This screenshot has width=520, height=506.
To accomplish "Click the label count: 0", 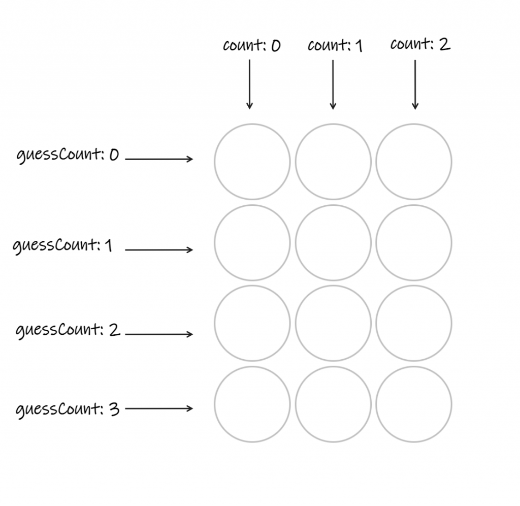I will (x=251, y=46).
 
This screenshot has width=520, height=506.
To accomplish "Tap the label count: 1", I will (x=335, y=46).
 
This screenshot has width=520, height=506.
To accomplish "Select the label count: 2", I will (x=420, y=45).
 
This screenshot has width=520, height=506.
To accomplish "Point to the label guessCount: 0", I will (x=68, y=155).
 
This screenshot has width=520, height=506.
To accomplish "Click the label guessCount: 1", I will (x=63, y=246).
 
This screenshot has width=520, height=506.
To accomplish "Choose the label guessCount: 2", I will (x=68, y=331).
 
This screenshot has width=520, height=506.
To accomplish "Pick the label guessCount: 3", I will (x=68, y=409).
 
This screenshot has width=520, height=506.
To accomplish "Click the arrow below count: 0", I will (x=249, y=84).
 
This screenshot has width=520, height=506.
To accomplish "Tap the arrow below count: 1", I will (x=333, y=84).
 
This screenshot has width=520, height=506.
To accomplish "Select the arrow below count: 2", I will (x=415, y=84).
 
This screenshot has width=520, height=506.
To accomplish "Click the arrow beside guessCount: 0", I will (x=159, y=159).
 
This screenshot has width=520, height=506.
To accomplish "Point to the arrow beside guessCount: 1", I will (x=159, y=250).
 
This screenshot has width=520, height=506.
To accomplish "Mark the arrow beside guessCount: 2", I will (x=159, y=334).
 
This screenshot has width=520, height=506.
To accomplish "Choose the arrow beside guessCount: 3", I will (x=159, y=408).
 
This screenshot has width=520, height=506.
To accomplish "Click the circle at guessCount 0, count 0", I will (x=252, y=162).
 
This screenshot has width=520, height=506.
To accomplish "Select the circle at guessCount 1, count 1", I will (x=333, y=243).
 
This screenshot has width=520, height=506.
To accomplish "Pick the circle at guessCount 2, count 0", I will (x=252, y=324).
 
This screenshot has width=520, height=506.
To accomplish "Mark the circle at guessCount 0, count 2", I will (x=414, y=162).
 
